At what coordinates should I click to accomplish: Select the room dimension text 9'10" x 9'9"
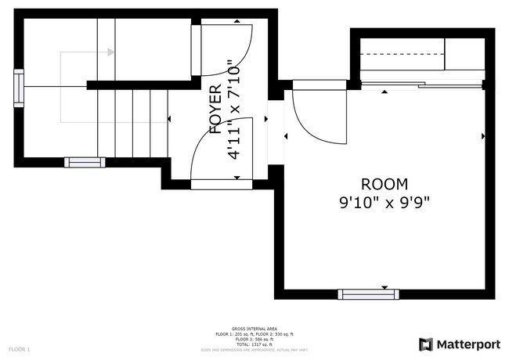coord(384,202)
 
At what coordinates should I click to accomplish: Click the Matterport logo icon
coord(426,344)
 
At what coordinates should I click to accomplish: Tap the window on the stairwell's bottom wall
coord(84,163)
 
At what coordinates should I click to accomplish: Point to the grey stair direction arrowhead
coord(110,52)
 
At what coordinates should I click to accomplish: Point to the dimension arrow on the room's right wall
coord(482,136)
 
